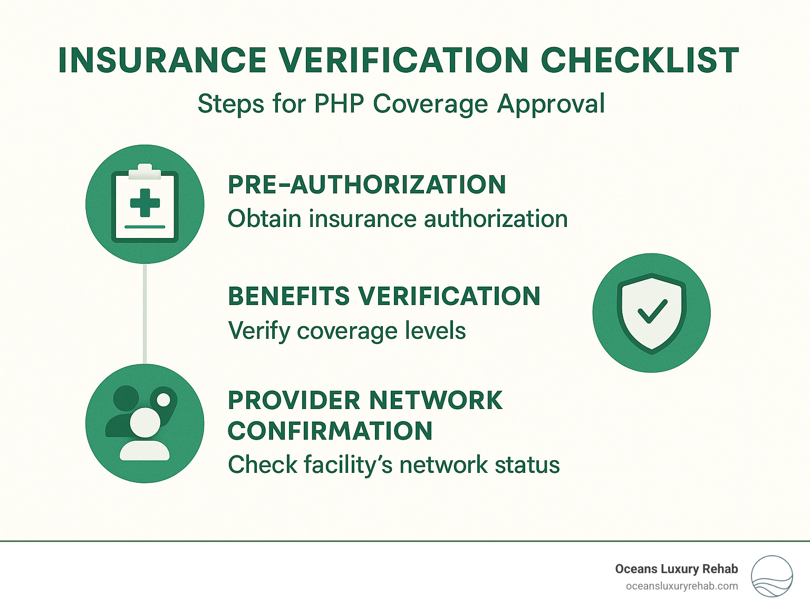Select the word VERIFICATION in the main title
click(403, 60)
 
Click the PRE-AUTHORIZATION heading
click(367, 185)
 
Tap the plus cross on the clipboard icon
click(145, 203)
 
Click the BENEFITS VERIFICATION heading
click(384, 296)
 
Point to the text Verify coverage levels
click(346, 331)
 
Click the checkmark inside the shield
click(652, 311)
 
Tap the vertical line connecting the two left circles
click(144, 314)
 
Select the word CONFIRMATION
click(330, 431)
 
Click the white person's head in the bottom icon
click(144, 422)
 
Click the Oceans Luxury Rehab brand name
click(676, 569)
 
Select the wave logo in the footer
click(772, 576)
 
